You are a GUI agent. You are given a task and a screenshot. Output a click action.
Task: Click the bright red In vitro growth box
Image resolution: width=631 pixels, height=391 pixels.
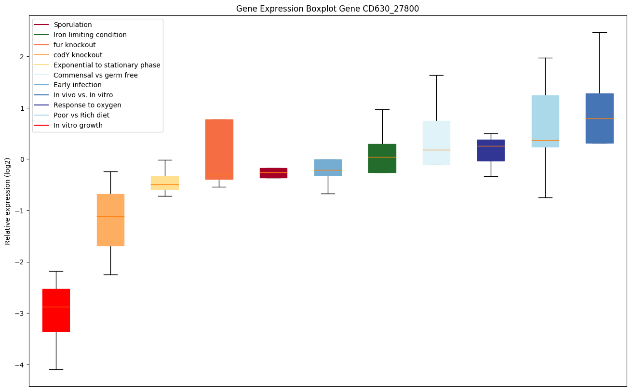[x=56, y=310]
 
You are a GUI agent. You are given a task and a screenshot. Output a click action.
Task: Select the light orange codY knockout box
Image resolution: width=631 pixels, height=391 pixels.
[x=110, y=220]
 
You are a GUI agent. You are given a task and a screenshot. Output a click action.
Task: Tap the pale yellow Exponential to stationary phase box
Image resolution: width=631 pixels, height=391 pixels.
[x=165, y=182]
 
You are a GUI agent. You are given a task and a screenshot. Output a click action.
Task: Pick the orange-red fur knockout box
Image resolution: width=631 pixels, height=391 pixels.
[x=219, y=149]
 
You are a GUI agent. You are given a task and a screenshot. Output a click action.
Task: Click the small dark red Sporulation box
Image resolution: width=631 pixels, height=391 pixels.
[x=273, y=173]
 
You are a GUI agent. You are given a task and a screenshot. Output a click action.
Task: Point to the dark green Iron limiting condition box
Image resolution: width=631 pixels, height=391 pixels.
[x=382, y=158]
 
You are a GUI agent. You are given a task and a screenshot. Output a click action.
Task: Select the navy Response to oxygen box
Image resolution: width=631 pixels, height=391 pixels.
[x=491, y=150]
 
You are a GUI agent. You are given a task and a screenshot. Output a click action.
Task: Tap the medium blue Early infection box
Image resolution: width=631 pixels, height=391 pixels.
[x=328, y=167]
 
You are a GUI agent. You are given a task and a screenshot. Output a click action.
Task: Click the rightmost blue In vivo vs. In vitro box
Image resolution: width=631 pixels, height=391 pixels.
[x=600, y=118]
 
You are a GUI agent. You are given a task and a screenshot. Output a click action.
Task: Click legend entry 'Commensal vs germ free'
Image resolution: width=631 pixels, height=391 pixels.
[x=95, y=75]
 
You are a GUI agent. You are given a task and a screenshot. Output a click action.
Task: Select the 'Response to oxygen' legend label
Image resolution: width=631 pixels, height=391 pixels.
[x=87, y=105]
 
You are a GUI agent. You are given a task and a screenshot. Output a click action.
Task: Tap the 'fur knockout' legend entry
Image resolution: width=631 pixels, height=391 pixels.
[x=74, y=45]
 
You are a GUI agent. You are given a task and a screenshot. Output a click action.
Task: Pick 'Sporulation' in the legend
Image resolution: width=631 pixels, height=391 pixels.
[x=72, y=25]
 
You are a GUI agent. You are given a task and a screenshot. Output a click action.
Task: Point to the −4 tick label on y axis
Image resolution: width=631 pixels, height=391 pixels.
[x=20, y=365]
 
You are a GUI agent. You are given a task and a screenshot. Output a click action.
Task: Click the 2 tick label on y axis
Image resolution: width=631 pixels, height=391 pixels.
[x=22, y=56]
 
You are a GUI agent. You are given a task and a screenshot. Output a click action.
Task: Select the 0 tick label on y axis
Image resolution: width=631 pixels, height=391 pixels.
[x=22, y=159]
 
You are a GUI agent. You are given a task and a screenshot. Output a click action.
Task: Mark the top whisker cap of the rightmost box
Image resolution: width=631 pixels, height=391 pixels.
[x=600, y=32]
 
